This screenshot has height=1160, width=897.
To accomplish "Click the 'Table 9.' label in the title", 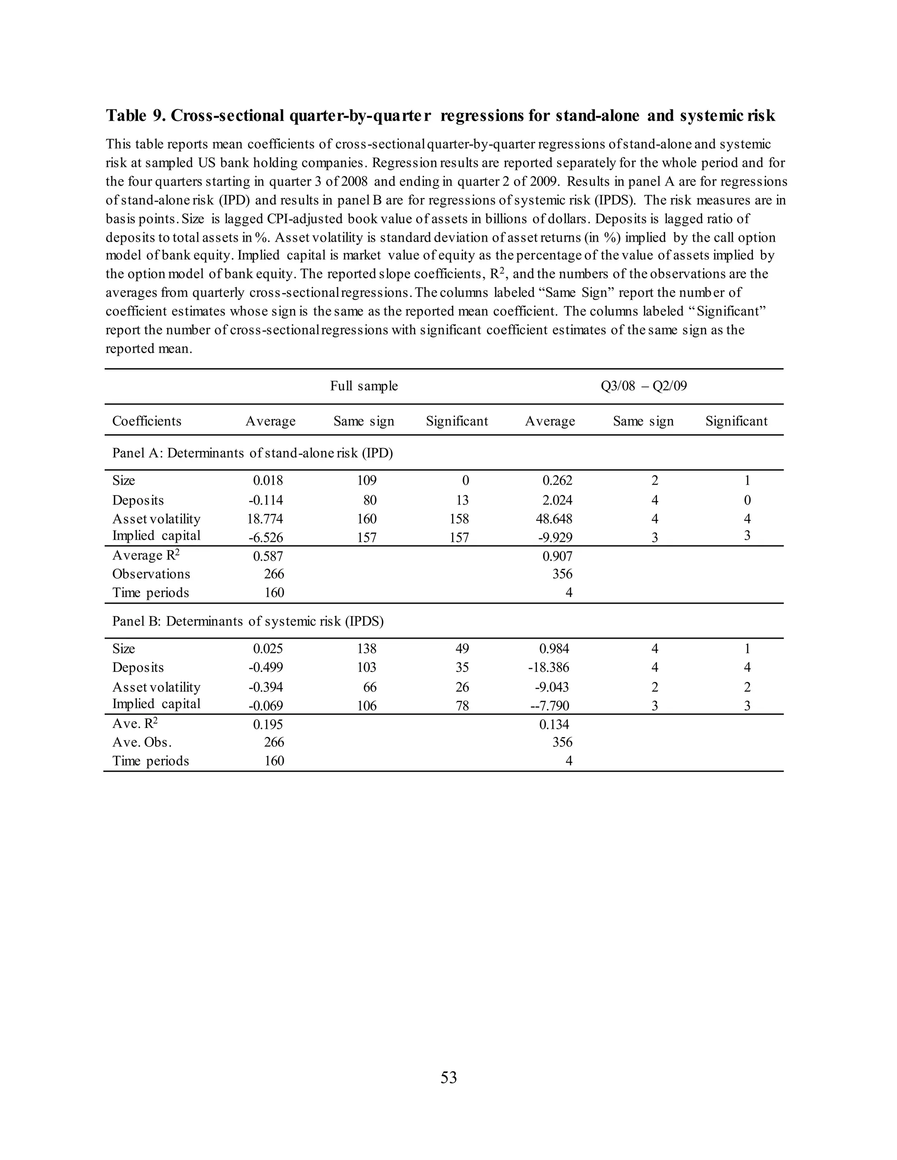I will [x=135, y=116].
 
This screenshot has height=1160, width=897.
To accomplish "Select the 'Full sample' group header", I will [x=364, y=386].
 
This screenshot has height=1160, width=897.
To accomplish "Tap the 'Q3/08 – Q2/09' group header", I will [x=643, y=386].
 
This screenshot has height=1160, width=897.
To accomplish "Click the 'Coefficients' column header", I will [x=147, y=421].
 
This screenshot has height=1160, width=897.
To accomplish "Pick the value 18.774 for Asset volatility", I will [x=265, y=519].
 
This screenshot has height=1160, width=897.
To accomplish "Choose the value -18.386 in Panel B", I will [x=548, y=668].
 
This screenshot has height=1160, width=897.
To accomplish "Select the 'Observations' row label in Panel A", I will [x=151, y=574].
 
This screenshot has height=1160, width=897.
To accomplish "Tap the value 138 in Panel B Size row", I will [x=367, y=649].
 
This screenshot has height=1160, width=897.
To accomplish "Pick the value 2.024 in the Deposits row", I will [x=557, y=500].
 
